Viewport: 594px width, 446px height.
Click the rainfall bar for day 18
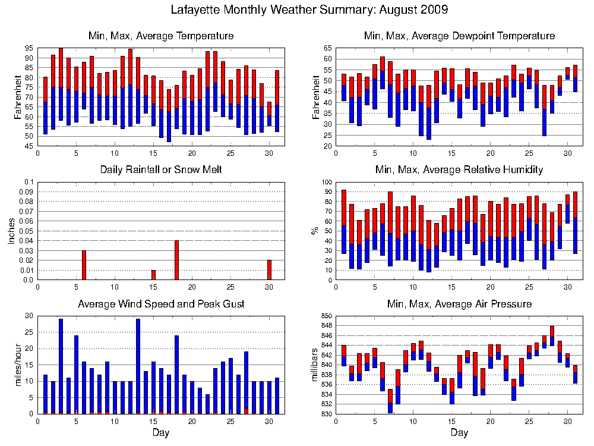coord(176,260)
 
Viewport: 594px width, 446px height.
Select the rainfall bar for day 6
coord(84,265)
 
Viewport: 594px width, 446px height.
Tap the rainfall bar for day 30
coord(269,270)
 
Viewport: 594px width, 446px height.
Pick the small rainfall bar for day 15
coord(153,275)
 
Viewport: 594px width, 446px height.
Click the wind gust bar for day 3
coord(61,366)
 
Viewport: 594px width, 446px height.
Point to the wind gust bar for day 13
coord(138,366)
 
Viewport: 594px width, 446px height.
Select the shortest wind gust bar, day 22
coord(207,404)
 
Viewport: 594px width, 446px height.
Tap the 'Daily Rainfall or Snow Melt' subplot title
coord(161,169)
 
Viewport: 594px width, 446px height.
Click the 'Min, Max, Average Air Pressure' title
coord(460,304)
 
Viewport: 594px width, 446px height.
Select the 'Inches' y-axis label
coord(11,231)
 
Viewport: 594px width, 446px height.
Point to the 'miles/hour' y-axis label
coord(17,365)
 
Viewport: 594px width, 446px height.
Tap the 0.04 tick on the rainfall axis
coord(29,241)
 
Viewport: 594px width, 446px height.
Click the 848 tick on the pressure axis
coord(327,325)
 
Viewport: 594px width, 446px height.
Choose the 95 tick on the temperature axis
coord(30,48)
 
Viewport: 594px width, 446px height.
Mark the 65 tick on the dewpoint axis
coord(328,48)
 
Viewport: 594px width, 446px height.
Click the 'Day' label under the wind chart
coord(161,433)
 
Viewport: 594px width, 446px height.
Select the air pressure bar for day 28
coord(552,336)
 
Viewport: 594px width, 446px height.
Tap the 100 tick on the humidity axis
coord(327,182)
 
